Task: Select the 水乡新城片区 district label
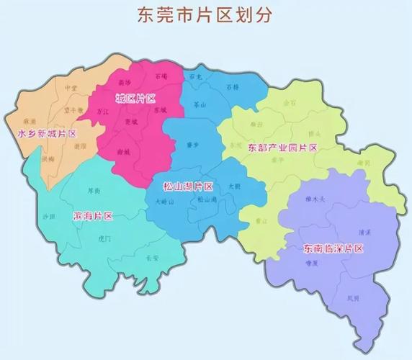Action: pos(47,134)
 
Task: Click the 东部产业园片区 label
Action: pos(282,148)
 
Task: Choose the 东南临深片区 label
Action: pos(333,248)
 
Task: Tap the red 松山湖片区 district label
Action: pos(187,186)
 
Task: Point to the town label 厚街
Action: pos(94,191)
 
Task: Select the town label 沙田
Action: pos(49,216)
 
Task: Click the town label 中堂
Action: pos(71,88)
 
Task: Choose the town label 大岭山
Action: pos(164,202)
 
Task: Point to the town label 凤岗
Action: pos(353,297)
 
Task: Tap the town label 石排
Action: pos(232,87)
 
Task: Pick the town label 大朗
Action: pos(234,186)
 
